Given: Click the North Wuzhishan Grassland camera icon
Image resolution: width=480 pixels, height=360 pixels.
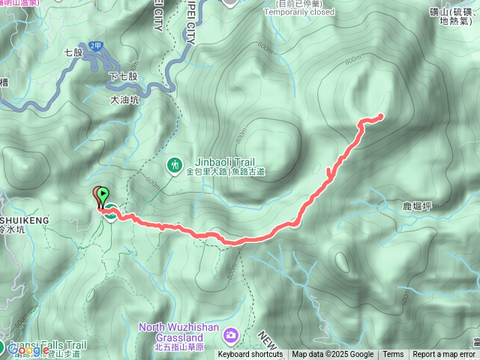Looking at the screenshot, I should click(x=232, y=333).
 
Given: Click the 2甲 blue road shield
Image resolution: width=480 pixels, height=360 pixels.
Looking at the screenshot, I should click(x=94, y=46).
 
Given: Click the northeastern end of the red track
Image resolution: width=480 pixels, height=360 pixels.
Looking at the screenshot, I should click(x=381, y=115).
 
